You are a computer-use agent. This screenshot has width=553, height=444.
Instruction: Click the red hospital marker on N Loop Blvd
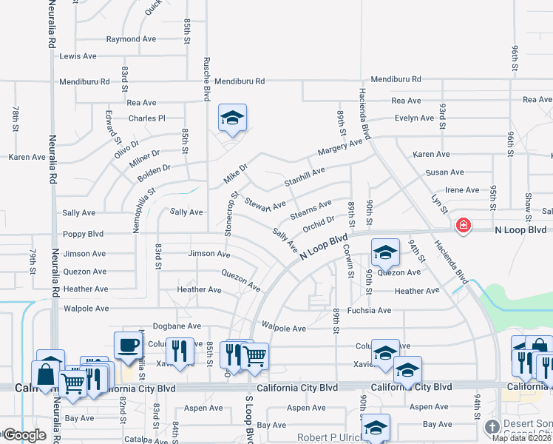click(x=463, y=225)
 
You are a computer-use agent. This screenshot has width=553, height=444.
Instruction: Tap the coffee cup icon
click(x=128, y=344)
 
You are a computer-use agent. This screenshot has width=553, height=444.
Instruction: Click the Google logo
click(x=24, y=434)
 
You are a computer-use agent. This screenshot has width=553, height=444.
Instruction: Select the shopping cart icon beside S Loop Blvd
click(x=255, y=357)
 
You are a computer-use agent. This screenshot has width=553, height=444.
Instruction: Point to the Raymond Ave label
click(x=131, y=39)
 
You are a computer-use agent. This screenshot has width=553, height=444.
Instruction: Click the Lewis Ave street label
click(x=78, y=56)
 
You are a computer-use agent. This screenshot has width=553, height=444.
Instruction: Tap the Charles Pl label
click(x=146, y=118)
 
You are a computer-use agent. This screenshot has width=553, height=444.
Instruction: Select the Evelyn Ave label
click(x=414, y=118)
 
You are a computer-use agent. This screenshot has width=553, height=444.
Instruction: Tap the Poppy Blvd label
click(x=84, y=233)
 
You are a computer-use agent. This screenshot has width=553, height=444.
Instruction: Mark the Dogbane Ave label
click(x=177, y=326)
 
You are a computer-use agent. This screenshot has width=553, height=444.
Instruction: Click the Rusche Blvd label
click(x=208, y=79)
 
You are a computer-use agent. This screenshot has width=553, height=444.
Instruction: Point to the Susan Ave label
click(x=444, y=172)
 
